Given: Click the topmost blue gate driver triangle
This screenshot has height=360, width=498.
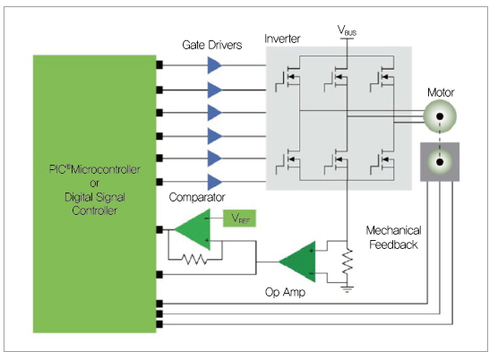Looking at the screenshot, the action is (x=214, y=65).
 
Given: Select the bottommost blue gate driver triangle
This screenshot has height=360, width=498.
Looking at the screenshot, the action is (x=214, y=182).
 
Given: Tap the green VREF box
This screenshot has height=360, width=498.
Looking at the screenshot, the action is (x=239, y=219).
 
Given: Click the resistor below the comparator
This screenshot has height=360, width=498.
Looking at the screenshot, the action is (x=194, y=260).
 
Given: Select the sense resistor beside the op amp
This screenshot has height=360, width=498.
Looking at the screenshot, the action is (x=348, y=261).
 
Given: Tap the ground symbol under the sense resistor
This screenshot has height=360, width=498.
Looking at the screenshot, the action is (x=348, y=289).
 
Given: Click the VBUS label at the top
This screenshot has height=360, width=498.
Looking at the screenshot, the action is (x=347, y=30).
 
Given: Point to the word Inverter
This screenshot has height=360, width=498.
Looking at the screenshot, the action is (x=282, y=39).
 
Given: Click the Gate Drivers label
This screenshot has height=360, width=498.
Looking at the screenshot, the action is (x=212, y=45).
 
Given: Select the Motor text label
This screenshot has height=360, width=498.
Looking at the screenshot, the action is (x=441, y=92).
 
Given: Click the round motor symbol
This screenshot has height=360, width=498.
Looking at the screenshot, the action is (x=440, y=116).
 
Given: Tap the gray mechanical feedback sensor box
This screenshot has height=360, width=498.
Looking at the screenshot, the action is (x=440, y=162).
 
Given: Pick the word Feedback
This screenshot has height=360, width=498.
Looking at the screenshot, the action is (x=393, y=244).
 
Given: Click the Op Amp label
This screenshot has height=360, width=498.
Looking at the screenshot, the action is (x=285, y=292).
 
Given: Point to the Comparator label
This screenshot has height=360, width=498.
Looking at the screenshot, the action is (x=197, y=197).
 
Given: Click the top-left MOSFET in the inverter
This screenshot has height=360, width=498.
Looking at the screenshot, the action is (x=288, y=79).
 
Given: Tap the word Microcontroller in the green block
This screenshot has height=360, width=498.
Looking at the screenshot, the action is (x=106, y=169).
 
